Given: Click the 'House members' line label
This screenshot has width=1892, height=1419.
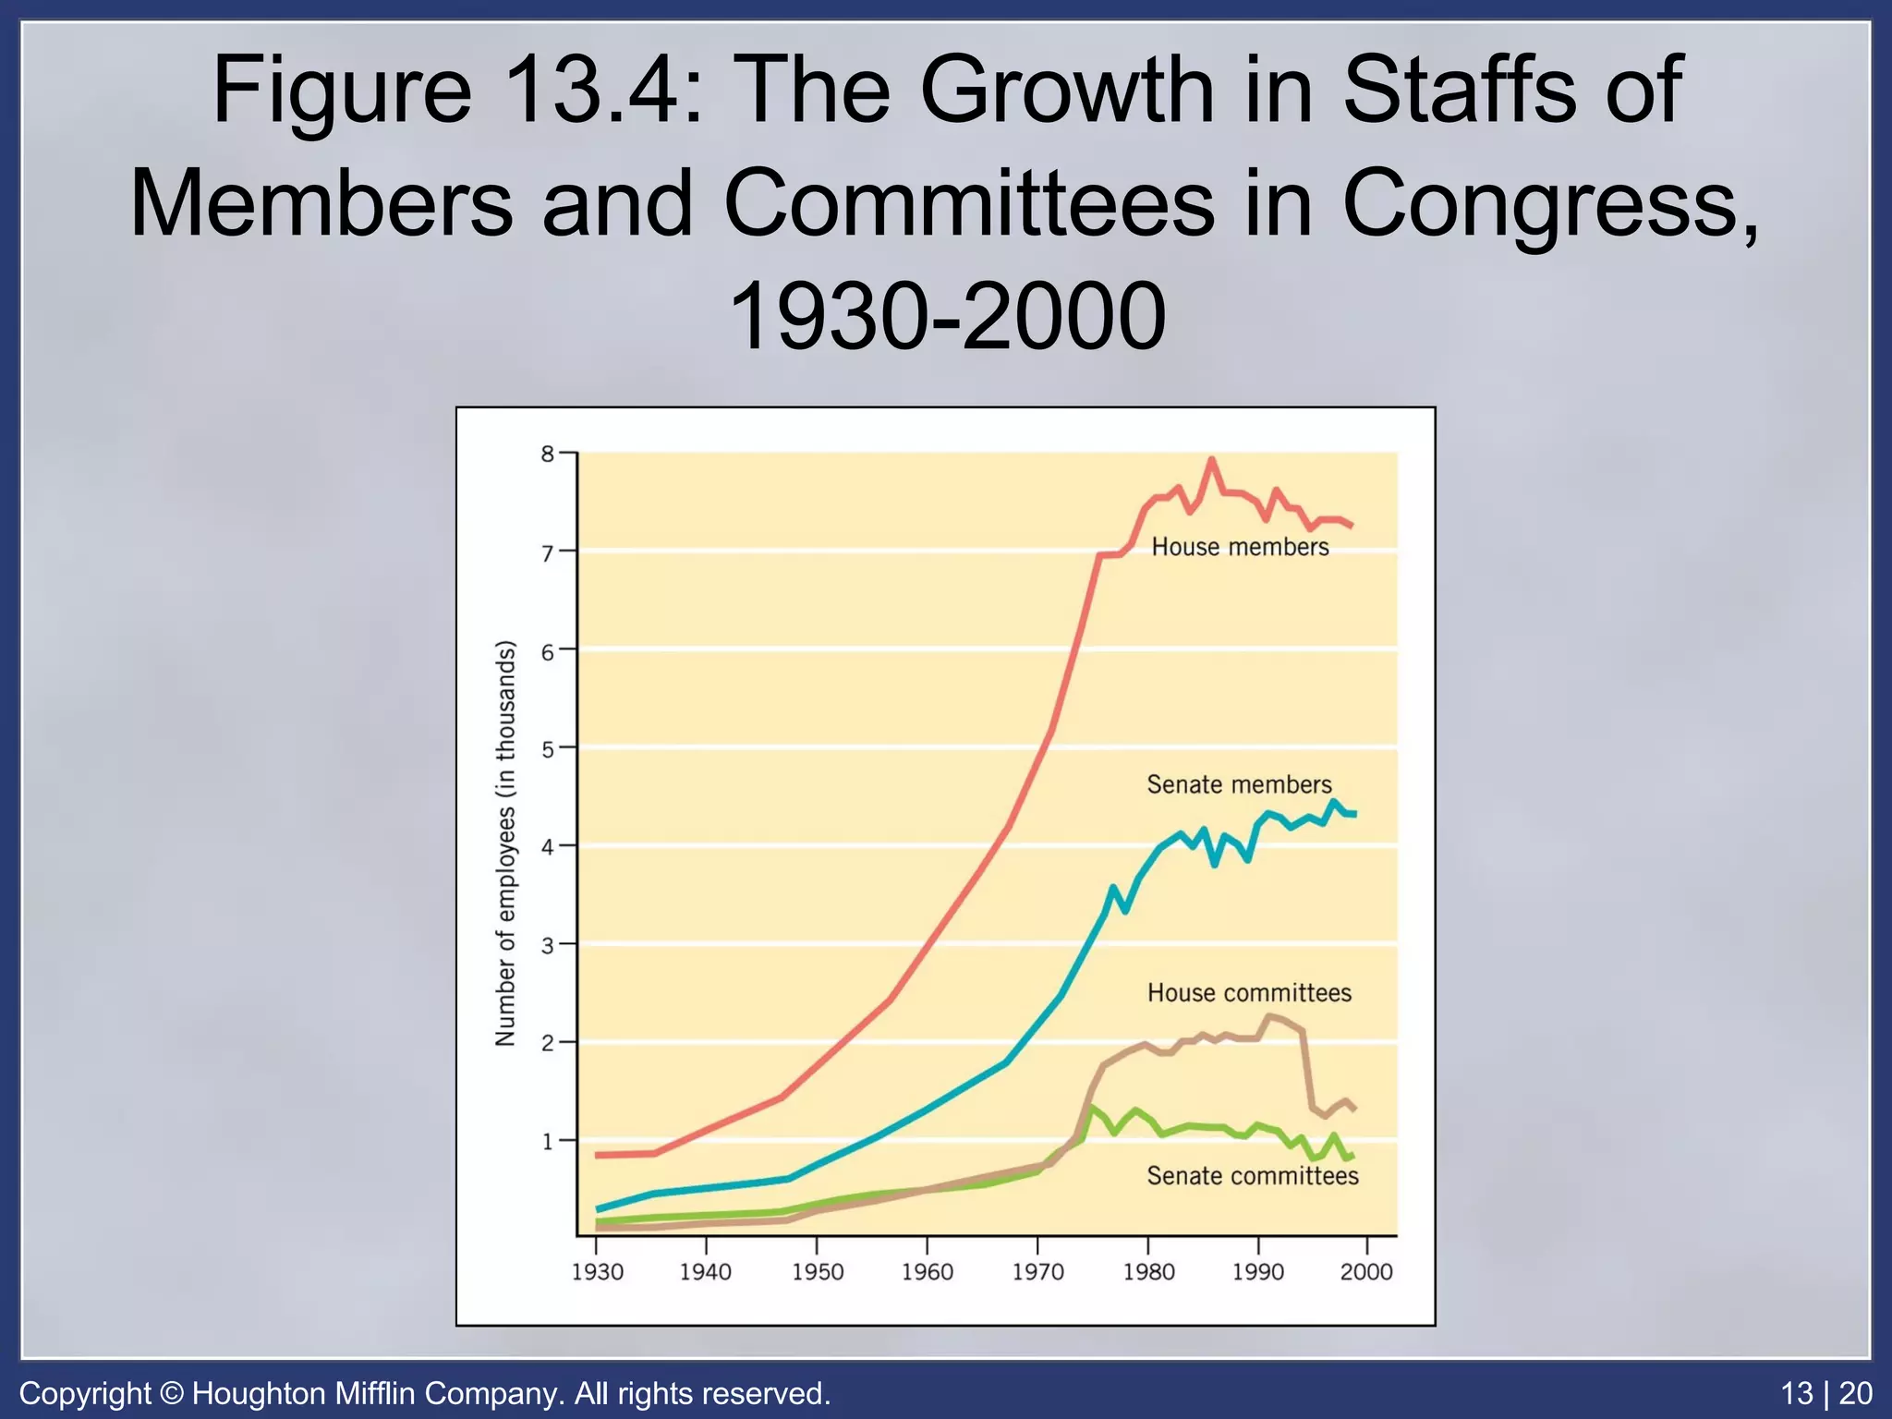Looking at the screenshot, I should (1240, 547).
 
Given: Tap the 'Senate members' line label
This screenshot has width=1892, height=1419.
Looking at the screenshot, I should (1239, 784).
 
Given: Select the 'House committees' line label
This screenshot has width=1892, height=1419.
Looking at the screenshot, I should (1249, 992).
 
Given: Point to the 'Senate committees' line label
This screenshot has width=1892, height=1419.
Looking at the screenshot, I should (1253, 1175).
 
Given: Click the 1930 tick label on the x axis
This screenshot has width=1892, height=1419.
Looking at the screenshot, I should (597, 1272).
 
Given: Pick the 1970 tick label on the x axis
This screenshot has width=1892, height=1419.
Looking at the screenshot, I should (1037, 1272).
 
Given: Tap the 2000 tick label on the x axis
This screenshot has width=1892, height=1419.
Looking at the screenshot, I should (1366, 1272).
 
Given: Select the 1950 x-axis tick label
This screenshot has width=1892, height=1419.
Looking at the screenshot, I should (818, 1272).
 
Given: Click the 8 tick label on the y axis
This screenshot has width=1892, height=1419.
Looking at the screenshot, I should (548, 454).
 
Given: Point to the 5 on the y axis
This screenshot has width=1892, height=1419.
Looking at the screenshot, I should (548, 748).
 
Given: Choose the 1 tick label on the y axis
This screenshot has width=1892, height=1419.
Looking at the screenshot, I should (548, 1142).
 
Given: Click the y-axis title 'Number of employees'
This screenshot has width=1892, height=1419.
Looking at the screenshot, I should (505, 843).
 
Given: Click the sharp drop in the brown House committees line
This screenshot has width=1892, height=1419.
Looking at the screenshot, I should (1307, 1072).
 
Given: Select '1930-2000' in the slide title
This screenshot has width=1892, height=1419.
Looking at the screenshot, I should (946, 316).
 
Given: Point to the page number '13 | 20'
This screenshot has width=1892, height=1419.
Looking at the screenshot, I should (1826, 1393).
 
